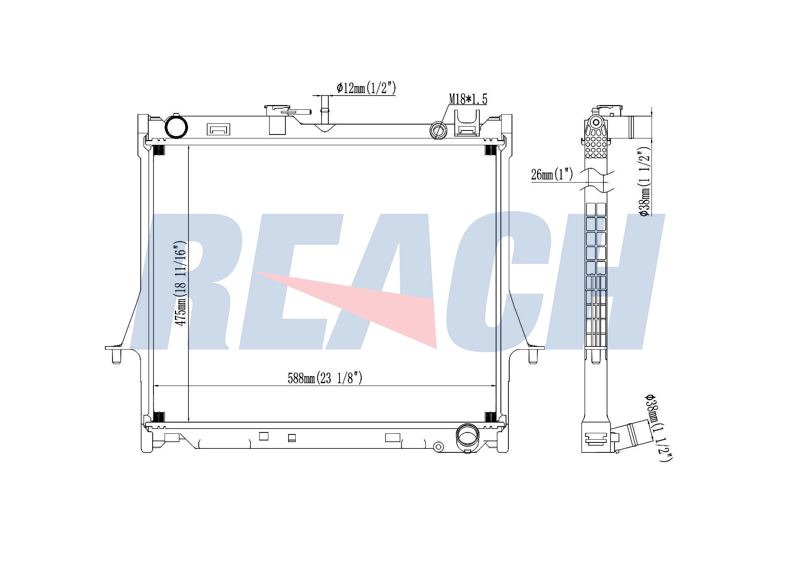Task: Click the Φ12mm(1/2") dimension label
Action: (x=366, y=88)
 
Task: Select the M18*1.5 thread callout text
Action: (x=468, y=99)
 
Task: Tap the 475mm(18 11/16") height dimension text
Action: (x=181, y=283)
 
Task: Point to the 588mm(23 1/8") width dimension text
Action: (x=325, y=378)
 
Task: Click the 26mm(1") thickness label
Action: (x=552, y=174)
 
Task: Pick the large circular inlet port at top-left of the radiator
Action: (x=176, y=127)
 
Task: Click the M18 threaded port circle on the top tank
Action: (x=439, y=130)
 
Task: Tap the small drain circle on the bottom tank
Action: (x=438, y=446)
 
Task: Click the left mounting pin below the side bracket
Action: (x=116, y=357)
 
